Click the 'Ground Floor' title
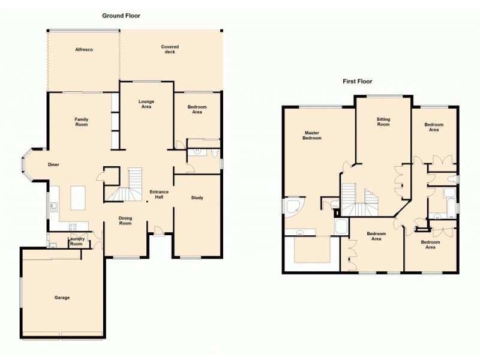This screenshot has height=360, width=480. pos(121,16)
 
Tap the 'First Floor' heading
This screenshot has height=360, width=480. pos(357,81)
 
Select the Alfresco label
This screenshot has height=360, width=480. pos(83,49)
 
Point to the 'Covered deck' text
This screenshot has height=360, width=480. pos(170,49)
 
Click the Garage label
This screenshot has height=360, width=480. pos(62,298)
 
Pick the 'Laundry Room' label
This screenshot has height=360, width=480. pos(76,241)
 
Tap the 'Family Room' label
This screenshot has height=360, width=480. pos(81,122)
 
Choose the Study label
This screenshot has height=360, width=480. pos(197,197)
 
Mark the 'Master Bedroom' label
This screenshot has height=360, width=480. pos(312,135)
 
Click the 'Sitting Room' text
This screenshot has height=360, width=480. pos(383,122)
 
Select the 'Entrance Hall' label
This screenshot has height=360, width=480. pos(160,194)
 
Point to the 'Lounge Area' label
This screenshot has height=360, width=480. pos(146,104)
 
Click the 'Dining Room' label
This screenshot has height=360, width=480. pos(125,221)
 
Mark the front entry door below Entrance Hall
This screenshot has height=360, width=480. pos(158,230)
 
